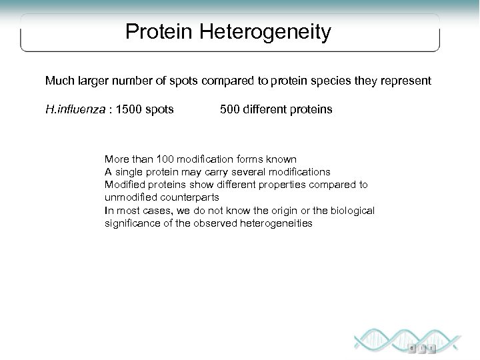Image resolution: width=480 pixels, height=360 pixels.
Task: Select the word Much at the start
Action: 58,81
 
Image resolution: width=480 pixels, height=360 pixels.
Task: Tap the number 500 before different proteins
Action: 230,108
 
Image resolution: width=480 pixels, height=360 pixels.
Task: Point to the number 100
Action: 165,159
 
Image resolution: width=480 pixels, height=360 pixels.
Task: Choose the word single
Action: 129,172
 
